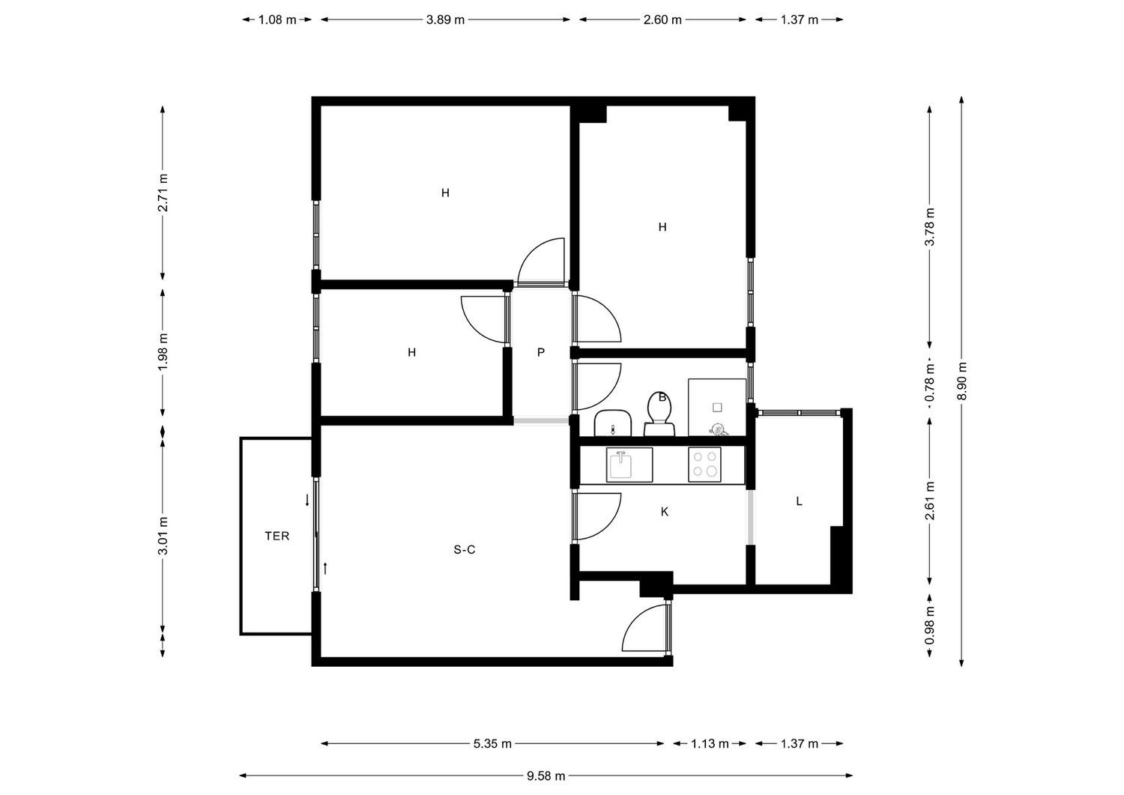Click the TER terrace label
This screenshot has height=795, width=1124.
coord(277,536)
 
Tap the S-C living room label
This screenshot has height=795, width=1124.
coord(465,550)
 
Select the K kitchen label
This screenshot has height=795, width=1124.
coord(664,512)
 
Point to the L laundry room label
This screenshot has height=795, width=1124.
coord(799,501)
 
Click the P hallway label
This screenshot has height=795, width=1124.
coord(541,352)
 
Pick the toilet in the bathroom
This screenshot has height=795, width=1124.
coord(660,414)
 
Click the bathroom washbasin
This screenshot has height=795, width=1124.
coord(612,423)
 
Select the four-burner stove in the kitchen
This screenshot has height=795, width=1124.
coord(704,464)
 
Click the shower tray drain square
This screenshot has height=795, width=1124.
coord(717,408)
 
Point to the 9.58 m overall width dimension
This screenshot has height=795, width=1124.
coord(546,776)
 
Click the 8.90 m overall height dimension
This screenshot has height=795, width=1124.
coord(962,381)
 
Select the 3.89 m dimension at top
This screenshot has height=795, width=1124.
coord(445,20)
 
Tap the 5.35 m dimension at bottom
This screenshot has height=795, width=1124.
coord(492,744)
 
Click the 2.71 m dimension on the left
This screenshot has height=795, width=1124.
coord(163,193)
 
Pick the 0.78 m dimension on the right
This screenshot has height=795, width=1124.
coord(930,384)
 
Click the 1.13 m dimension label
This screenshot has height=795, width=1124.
coord(710,744)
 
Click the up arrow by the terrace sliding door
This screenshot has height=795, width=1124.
coord(325,569)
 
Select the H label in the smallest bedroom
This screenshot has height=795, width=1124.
coord(411,352)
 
